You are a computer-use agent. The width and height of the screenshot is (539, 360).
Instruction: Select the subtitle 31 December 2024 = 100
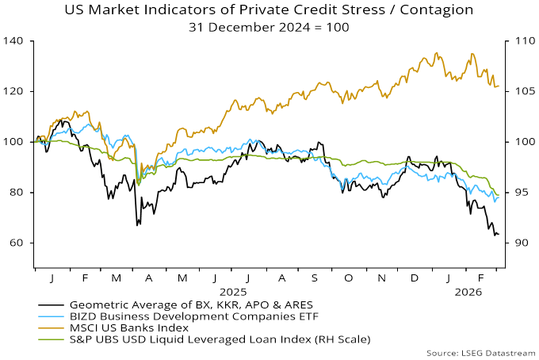269,26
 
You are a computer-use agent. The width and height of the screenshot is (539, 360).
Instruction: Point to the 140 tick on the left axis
17,40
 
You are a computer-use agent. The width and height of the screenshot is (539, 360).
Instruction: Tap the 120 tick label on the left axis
17,91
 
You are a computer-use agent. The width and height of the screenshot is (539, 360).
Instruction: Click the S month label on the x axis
315,280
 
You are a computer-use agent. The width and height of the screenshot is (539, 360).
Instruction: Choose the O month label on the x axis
349,280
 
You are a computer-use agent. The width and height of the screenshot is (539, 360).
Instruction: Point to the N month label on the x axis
382,280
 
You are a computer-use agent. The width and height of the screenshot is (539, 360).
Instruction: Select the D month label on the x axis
415,280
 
